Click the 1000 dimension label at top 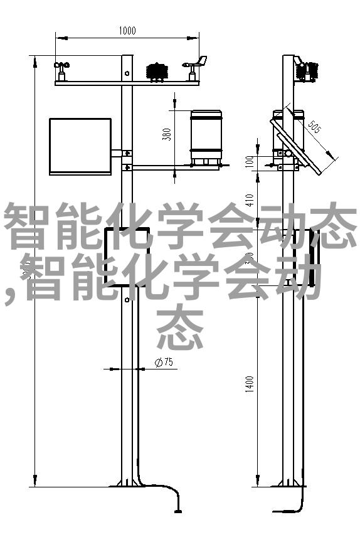click(x=127, y=31)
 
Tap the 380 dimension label click(x=167, y=134)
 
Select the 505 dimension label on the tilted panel click(x=314, y=127)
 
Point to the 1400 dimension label click(x=250, y=384)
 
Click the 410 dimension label click(x=250, y=200)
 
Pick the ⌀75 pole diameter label click(x=164, y=362)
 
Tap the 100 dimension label click(x=250, y=161)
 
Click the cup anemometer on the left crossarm click(x=61, y=72)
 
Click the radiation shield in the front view click(x=157, y=72)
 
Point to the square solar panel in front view click(x=80, y=147)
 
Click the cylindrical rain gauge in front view click(x=206, y=137)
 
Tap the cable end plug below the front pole click(x=178, y=511)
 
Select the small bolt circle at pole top click(x=127, y=73)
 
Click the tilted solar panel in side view click(x=296, y=146)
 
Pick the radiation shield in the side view click(x=306, y=72)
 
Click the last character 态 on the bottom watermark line click(x=179, y=327)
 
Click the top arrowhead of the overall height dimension click(x=35, y=61)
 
